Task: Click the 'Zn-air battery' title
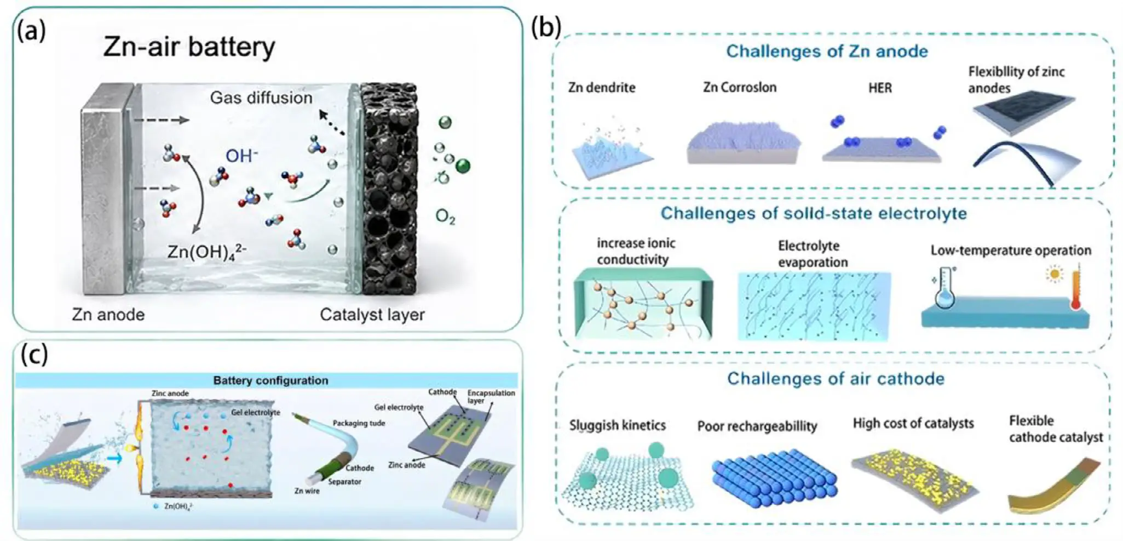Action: [189, 47]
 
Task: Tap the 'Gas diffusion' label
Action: [261, 98]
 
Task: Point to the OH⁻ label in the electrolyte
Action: [241, 156]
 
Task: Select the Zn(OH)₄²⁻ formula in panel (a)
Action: [207, 252]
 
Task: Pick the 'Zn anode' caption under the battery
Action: [108, 315]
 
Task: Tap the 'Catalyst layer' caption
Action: [372, 315]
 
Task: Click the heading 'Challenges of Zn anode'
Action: [827, 51]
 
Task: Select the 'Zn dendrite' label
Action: [602, 87]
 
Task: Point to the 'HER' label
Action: [880, 88]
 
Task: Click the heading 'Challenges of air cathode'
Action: [836, 378]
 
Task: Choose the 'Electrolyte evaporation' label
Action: [813, 254]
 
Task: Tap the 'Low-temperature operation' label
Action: [1011, 250]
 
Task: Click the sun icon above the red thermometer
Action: [1054, 273]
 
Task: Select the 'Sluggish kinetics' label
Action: [617, 425]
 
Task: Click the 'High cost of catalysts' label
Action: [913, 423]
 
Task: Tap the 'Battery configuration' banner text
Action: [270, 380]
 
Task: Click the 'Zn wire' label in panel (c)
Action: [307, 491]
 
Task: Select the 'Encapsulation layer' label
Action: [491, 396]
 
